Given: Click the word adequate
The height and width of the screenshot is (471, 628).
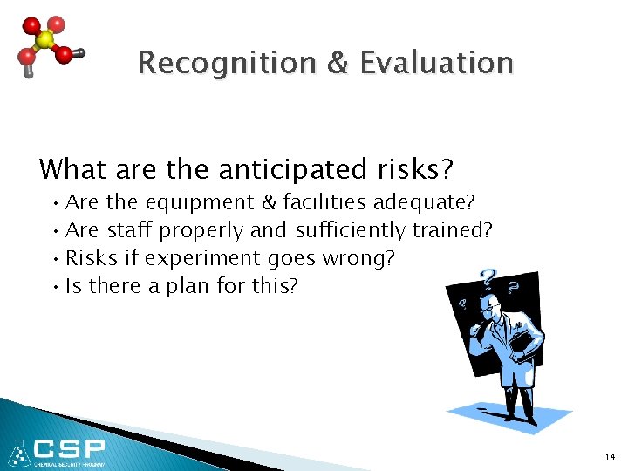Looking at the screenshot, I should coord(424,203).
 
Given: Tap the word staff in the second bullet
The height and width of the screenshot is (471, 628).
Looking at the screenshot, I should coord(130,230).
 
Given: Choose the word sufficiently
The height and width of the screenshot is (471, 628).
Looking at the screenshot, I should coord(351,230).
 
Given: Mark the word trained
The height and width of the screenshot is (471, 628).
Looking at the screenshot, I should coord(453,230).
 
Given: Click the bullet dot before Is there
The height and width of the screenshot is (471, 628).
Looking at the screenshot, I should coord(55,286).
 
